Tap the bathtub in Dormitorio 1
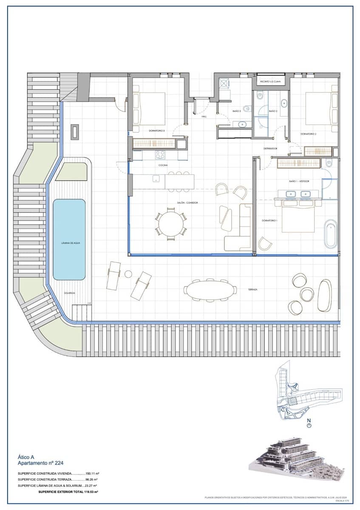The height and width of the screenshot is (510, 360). [x=330, y=234]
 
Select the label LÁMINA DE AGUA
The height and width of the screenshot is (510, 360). [x=69, y=242]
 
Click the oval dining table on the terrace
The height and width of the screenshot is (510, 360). [x=210, y=290]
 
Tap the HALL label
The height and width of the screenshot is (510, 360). [x=204, y=116]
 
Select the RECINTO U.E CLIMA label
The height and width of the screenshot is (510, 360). [x=270, y=81]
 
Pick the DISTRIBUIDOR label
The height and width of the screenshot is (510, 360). [x=270, y=148]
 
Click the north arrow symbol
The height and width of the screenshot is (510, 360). [x=309, y=424]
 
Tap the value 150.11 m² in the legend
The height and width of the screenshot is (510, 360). [x=92, y=473]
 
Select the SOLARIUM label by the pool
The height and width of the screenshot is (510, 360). [x=70, y=293]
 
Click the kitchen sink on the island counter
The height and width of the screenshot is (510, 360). [x=156, y=178]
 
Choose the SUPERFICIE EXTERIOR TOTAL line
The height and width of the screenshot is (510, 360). [x=68, y=491]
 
